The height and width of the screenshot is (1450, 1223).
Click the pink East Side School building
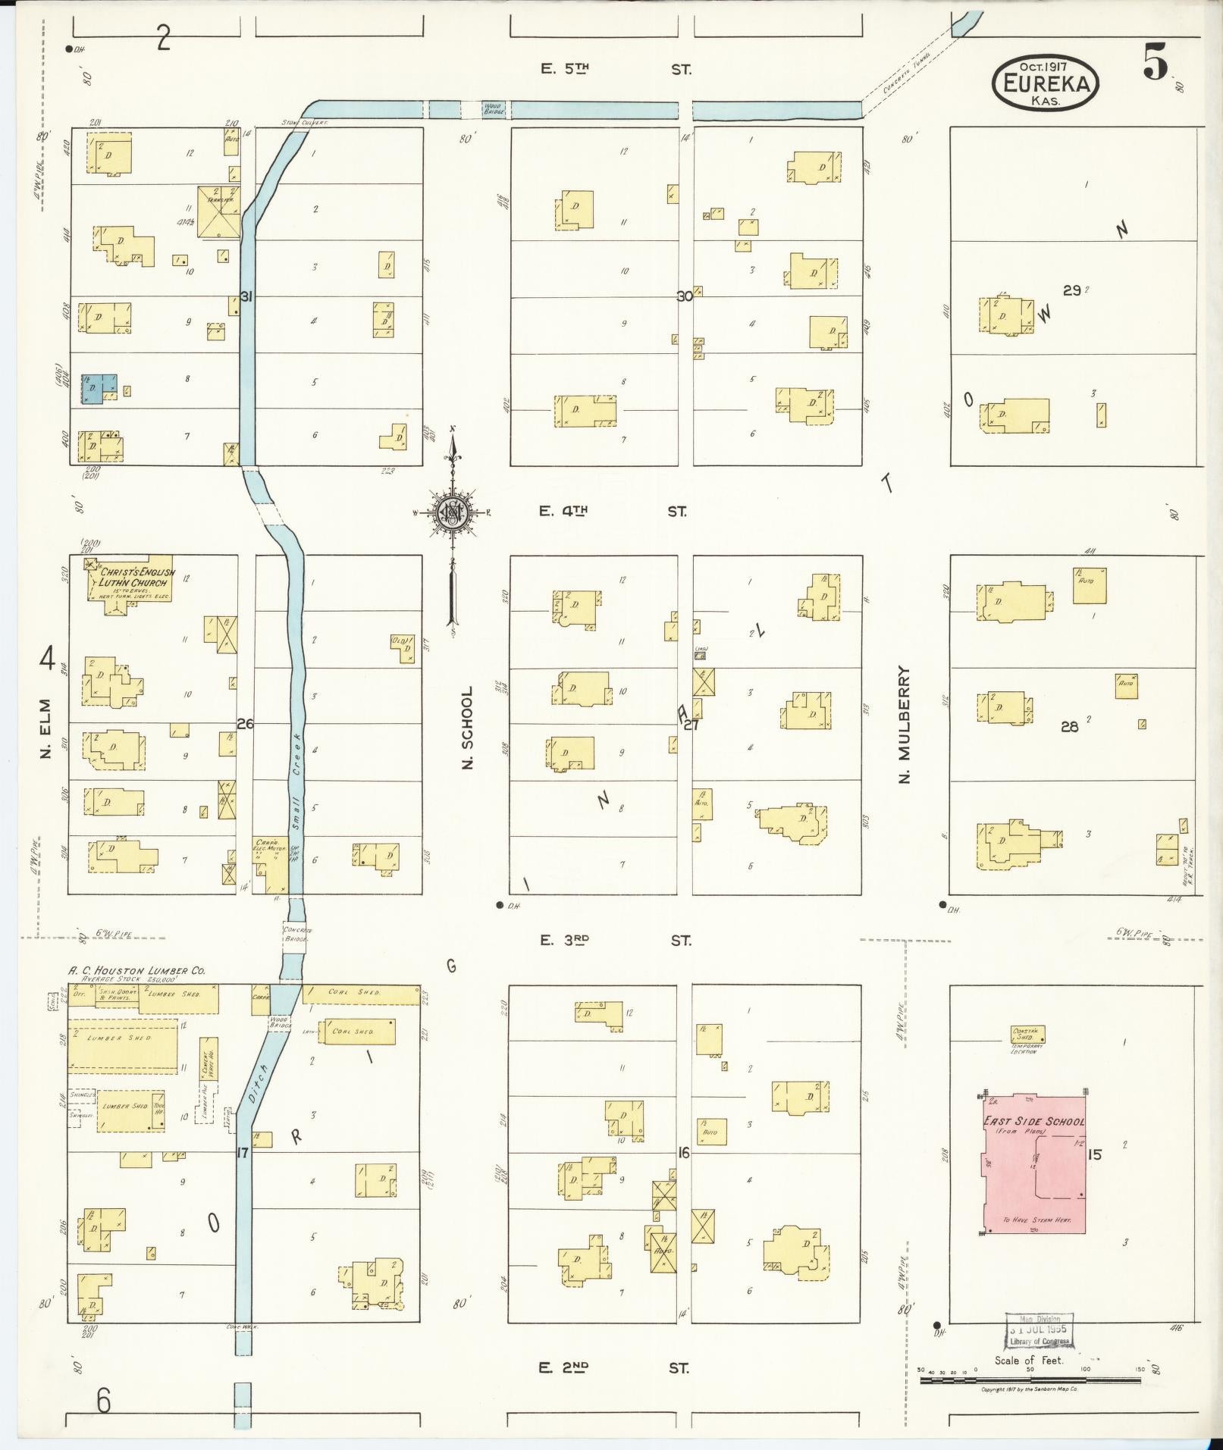pos(1034,1162)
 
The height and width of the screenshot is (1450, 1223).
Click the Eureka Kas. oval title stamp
pos(1046,83)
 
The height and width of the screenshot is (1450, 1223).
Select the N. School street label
pos(468,728)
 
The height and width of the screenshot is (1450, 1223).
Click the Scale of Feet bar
pos(1030,1380)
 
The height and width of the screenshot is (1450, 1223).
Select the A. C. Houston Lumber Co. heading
pos(136,970)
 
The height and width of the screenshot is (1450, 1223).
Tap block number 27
pos(691,725)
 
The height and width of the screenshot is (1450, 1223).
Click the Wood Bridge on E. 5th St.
pos(493,110)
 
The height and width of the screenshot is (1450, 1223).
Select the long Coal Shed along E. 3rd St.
pos(361,992)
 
